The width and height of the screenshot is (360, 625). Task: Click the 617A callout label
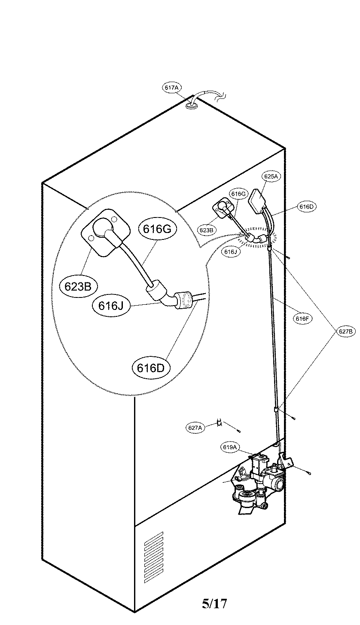click(x=172, y=88)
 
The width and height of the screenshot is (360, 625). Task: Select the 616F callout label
click(x=302, y=319)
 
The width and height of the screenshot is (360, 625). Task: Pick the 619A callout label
click(x=230, y=447)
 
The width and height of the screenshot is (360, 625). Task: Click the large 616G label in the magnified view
click(x=157, y=229)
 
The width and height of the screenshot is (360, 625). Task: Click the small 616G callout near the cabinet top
click(x=238, y=194)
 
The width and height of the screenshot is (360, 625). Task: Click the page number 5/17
click(x=214, y=604)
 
